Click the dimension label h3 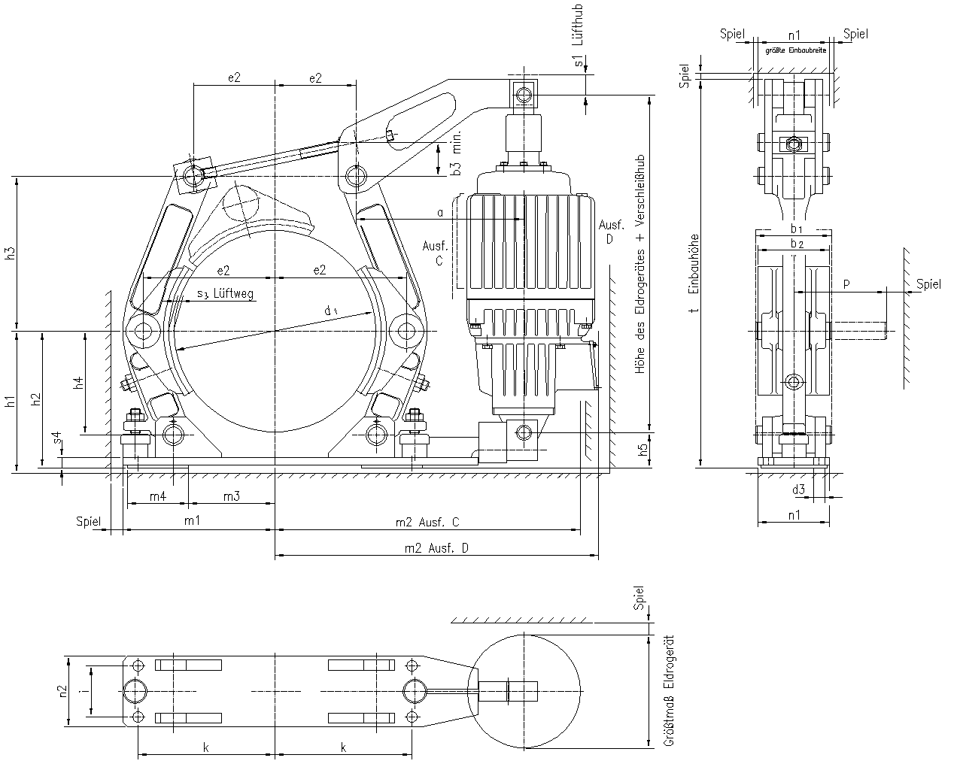[8, 253]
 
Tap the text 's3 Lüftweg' [225, 294]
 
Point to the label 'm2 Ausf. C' [427, 522]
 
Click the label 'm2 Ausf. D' [437, 547]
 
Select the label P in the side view [846, 283]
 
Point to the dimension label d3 [798, 490]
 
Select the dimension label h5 [642, 450]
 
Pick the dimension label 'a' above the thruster [440, 213]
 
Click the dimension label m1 [192, 520]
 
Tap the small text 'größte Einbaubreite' [795, 50]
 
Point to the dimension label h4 [77, 383]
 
